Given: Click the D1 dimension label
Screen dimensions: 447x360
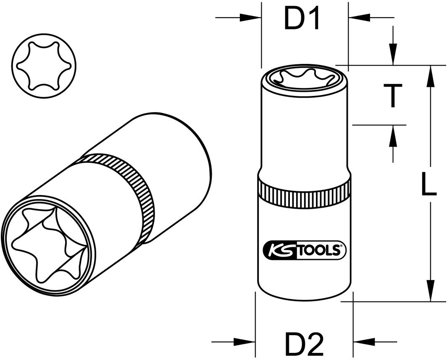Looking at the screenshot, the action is click(302, 19).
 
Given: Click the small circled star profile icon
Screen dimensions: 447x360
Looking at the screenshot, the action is click(44, 67).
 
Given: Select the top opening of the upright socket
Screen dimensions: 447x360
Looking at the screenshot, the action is click(304, 78).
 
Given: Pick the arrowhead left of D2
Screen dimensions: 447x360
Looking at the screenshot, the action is click(245, 341).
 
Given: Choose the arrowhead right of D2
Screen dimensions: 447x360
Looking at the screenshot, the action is click(364, 341).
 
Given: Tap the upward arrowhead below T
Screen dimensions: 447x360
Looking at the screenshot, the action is click(393, 135).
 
